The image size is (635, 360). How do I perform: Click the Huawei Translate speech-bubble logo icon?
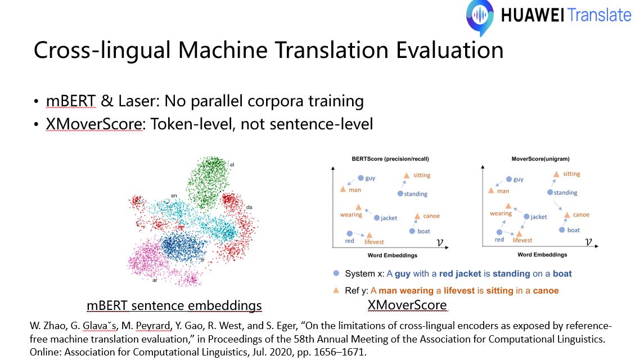tap(480, 16)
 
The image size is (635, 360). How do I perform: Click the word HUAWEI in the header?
tap(532, 16)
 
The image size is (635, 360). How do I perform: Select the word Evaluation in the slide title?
tap(449, 50)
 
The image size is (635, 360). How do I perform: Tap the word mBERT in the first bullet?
tap(71, 101)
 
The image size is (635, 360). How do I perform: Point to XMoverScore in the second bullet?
tap(94, 124)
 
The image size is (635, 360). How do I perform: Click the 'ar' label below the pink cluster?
tap(155, 280)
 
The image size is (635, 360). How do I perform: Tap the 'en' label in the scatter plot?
tap(174, 196)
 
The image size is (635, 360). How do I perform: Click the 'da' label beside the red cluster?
tap(249, 208)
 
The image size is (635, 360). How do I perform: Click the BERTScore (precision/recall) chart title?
tap(390, 159)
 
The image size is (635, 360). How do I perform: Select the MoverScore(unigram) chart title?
tap(541, 159)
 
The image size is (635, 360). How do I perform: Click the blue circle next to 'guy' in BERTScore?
tap(361, 178)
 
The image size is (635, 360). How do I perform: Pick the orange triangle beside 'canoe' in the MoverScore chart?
tap(567, 215)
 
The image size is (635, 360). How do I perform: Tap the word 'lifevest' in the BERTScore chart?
tap(374, 242)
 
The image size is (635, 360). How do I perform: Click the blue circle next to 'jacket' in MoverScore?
tap(526, 217)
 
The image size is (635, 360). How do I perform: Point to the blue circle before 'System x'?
tap(336, 273)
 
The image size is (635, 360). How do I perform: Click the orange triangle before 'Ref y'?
tap(336, 290)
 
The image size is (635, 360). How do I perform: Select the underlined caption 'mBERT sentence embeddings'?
tap(174, 305)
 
